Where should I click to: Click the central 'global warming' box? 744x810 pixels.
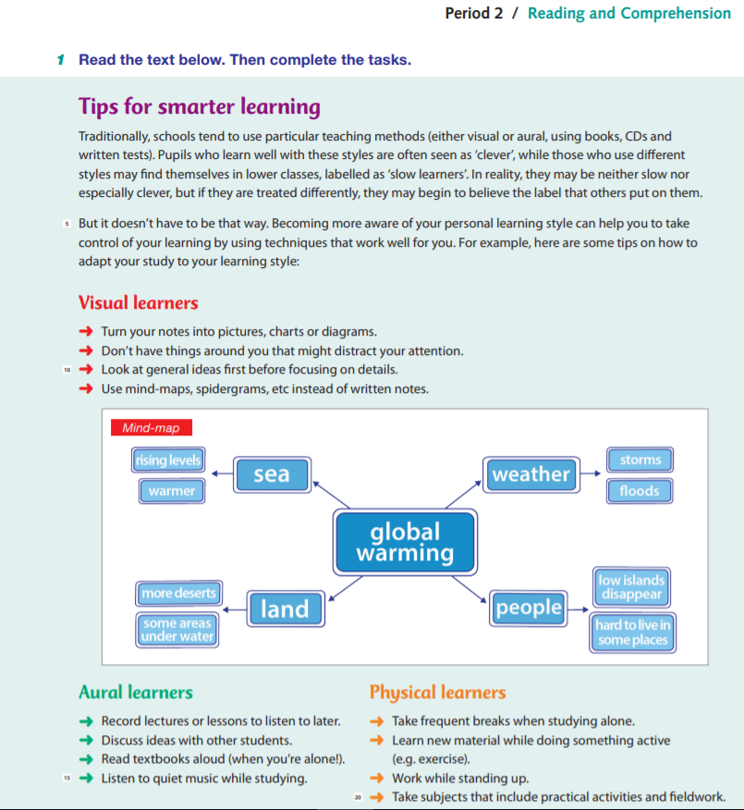pos(405,543)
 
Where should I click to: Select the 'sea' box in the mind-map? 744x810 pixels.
pos(271,474)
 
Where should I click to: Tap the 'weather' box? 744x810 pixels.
pos(531,474)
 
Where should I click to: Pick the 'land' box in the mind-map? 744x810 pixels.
pos(284,608)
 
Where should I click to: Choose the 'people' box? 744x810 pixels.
pos(529,607)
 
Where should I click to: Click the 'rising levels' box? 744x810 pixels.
pos(168,460)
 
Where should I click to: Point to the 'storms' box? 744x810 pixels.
pos(640,460)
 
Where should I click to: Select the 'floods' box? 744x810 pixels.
pos(640,491)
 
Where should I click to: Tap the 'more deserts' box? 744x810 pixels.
pos(178,593)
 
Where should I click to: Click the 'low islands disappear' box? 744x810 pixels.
pos(631,587)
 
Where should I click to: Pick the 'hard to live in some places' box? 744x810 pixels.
pos(633,632)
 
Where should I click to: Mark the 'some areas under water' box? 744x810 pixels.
pos(177,630)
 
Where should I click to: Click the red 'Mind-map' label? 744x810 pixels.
pos(151,428)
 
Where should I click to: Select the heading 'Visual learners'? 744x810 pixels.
pos(139,303)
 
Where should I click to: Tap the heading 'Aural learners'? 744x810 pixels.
pos(136,693)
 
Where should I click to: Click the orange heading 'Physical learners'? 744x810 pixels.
pos(437,693)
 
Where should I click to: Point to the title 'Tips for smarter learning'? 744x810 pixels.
pos(200,106)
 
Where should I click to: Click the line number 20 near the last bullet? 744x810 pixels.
pos(357,796)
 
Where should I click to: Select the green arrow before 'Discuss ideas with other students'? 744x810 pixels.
pos(85,741)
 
